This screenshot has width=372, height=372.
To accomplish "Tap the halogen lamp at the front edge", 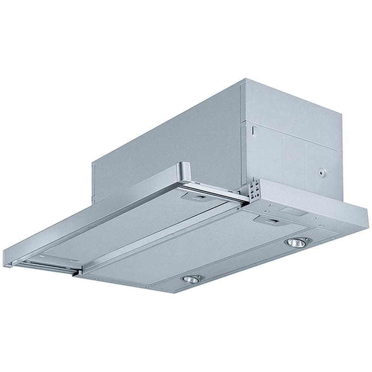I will [190, 279].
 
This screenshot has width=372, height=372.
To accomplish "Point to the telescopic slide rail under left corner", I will [46, 267].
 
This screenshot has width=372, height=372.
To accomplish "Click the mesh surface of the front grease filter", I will [186, 246].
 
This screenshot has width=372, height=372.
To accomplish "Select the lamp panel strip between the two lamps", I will [246, 263].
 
